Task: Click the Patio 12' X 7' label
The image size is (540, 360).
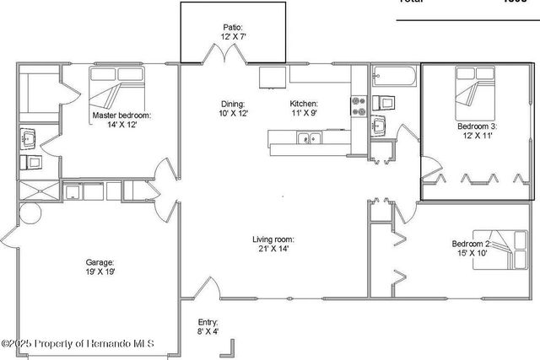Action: (x=235, y=32)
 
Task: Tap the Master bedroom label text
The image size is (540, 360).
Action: (x=123, y=120)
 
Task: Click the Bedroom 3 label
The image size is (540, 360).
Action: (x=478, y=131)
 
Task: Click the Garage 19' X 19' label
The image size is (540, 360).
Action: (x=100, y=267)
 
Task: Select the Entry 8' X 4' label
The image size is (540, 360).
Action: (x=208, y=327)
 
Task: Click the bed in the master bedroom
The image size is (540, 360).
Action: (x=118, y=86)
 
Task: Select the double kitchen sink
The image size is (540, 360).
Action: (x=308, y=138)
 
